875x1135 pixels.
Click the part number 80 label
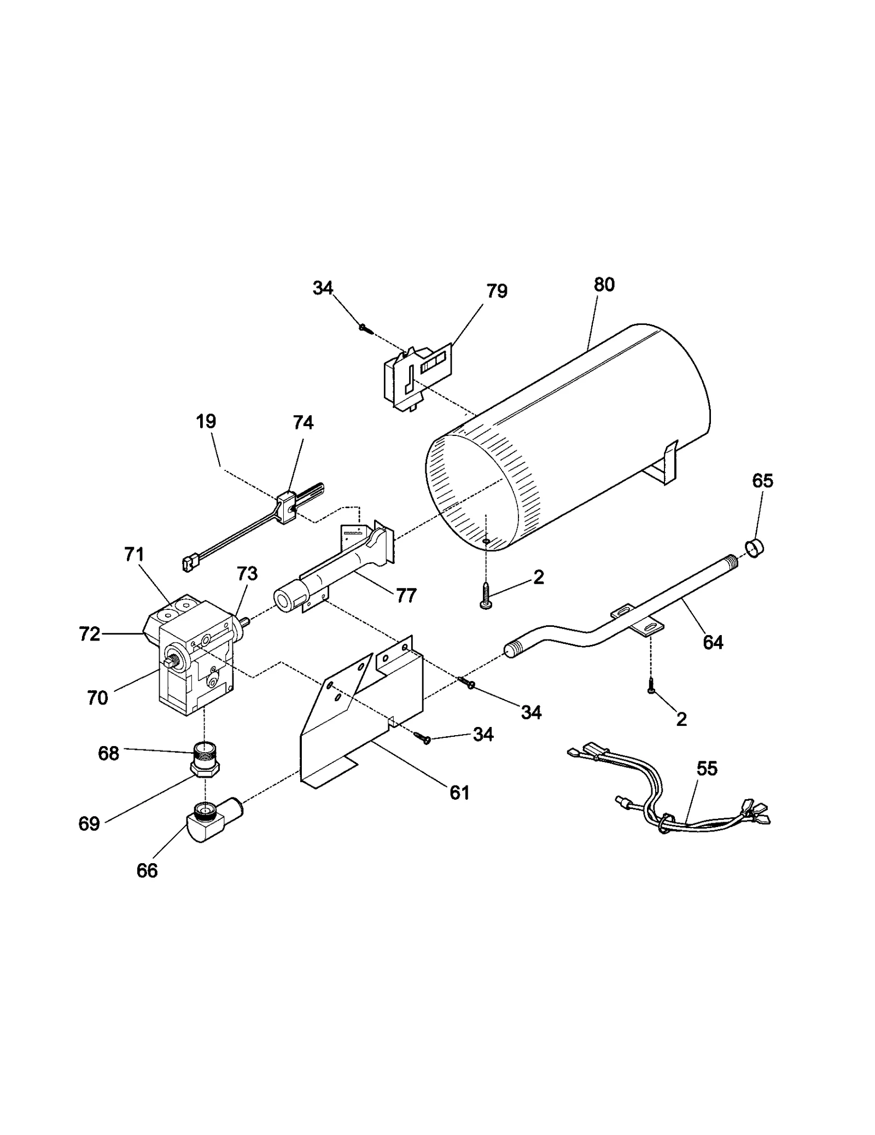[x=604, y=285]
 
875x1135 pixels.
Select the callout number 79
[x=497, y=291]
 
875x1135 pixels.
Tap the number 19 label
[x=206, y=421]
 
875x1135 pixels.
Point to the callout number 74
[x=303, y=422]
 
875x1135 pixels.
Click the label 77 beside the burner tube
[x=406, y=595]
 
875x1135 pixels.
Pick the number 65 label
[x=762, y=481]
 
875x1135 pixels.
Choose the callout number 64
[x=713, y=642]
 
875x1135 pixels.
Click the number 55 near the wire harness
[x=707, y=769]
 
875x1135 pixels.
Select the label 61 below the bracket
[x=459, y=793]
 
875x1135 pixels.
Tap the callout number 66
[x=147, y=870]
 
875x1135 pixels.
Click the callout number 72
[x=89, y=635]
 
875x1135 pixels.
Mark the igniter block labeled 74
[x=287, y=508]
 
